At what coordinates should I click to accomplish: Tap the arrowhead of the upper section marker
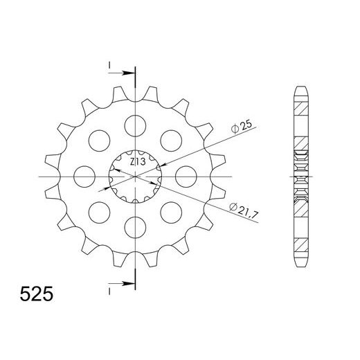[129, 72]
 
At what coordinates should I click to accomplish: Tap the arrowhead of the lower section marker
[129, 283]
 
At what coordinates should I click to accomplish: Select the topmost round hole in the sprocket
[134, 125]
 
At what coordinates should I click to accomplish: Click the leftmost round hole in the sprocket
[84, 176]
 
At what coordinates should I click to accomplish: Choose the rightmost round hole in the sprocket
[186, 176]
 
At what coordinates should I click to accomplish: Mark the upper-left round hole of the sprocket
[99, 140]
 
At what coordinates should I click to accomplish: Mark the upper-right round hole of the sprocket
[170, 140]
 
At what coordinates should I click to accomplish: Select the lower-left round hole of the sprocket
[99, 212]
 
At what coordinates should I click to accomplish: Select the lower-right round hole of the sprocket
[170, 212]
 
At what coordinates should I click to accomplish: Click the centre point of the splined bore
[135, 176]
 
